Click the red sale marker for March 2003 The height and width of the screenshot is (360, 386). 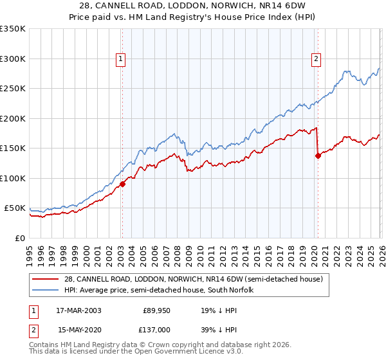click(122, 184)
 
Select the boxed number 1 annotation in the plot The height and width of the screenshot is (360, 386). click(121, 59)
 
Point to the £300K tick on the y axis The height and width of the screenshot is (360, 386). click(13, 59)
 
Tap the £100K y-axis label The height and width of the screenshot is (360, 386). click(13, 178)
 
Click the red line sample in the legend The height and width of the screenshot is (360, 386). click(46, 279)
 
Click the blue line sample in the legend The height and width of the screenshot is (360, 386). click(46, 290)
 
